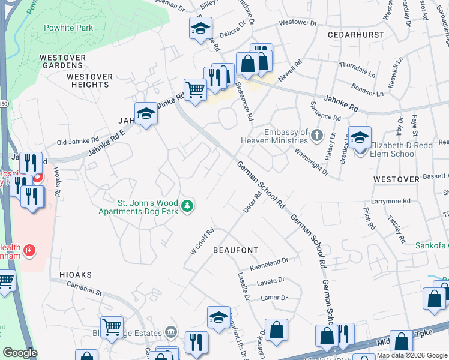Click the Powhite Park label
(x=68, y=28)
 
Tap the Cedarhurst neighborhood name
(x=355, y=35)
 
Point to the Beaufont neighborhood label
(x=235, y=250)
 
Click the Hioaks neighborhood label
(x=76, y=274)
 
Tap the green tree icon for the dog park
(x=188, y=206)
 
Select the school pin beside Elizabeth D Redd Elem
(x=360, y=137)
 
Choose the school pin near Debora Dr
(x=200, y=28)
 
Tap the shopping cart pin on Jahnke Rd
(x=195, y=90)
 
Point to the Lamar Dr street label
(x=274, y=298)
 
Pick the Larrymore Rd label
(x=390, y=201)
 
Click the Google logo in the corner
(x=20, y=353)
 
